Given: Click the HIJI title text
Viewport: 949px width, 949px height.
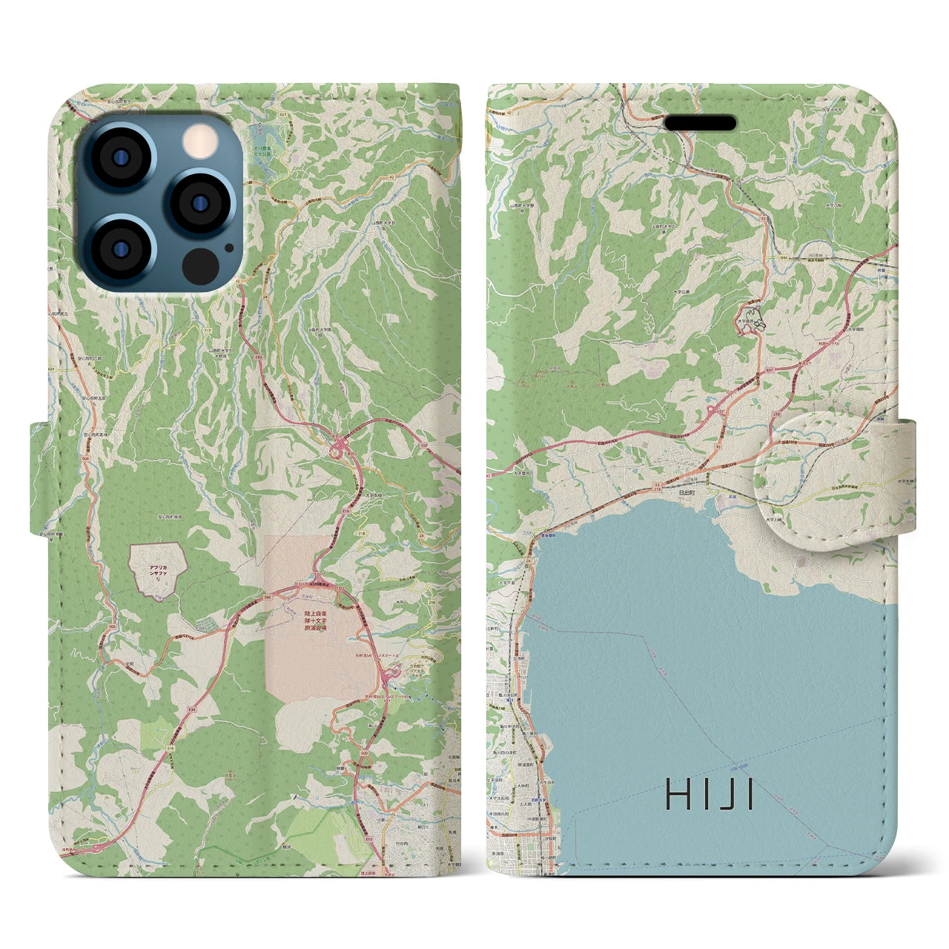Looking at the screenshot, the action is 710,796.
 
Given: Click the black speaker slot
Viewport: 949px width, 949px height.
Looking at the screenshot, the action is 700,123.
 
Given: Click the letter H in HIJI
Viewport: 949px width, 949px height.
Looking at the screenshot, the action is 677,796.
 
